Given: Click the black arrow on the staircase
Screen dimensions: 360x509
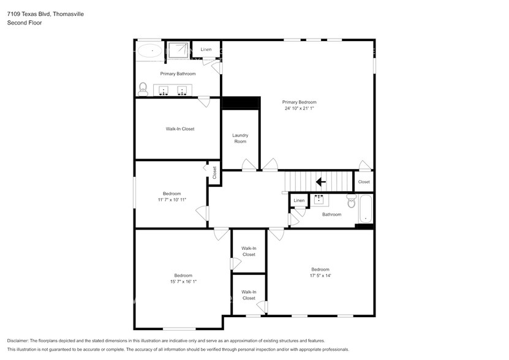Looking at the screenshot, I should (320, 181).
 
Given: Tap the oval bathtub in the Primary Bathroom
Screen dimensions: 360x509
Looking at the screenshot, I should (149, 50).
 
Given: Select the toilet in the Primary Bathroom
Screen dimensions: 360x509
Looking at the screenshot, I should (143, 89).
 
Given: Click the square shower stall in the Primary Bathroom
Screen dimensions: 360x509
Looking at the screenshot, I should (178, 50).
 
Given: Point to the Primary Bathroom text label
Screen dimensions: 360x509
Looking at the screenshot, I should (178, 73).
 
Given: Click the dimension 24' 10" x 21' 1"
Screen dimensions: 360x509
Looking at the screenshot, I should (299, 108).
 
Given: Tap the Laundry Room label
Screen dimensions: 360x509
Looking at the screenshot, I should (239, 138).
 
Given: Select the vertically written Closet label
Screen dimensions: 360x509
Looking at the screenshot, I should (214, 173).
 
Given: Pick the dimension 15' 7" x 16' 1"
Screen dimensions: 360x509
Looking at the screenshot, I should (183, 282).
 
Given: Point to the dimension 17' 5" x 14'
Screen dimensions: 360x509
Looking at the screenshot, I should (320, 276).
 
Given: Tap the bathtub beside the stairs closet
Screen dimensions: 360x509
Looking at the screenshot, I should (365, 209).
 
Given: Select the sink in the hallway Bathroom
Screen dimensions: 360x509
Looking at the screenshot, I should (319, 200).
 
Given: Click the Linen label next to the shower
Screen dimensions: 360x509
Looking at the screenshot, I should (206, 50).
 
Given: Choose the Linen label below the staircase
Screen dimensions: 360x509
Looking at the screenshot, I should (299, 200).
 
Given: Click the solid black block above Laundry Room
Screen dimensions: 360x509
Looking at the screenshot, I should (241, 103).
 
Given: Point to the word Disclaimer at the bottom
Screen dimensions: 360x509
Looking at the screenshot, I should (18, 340).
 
